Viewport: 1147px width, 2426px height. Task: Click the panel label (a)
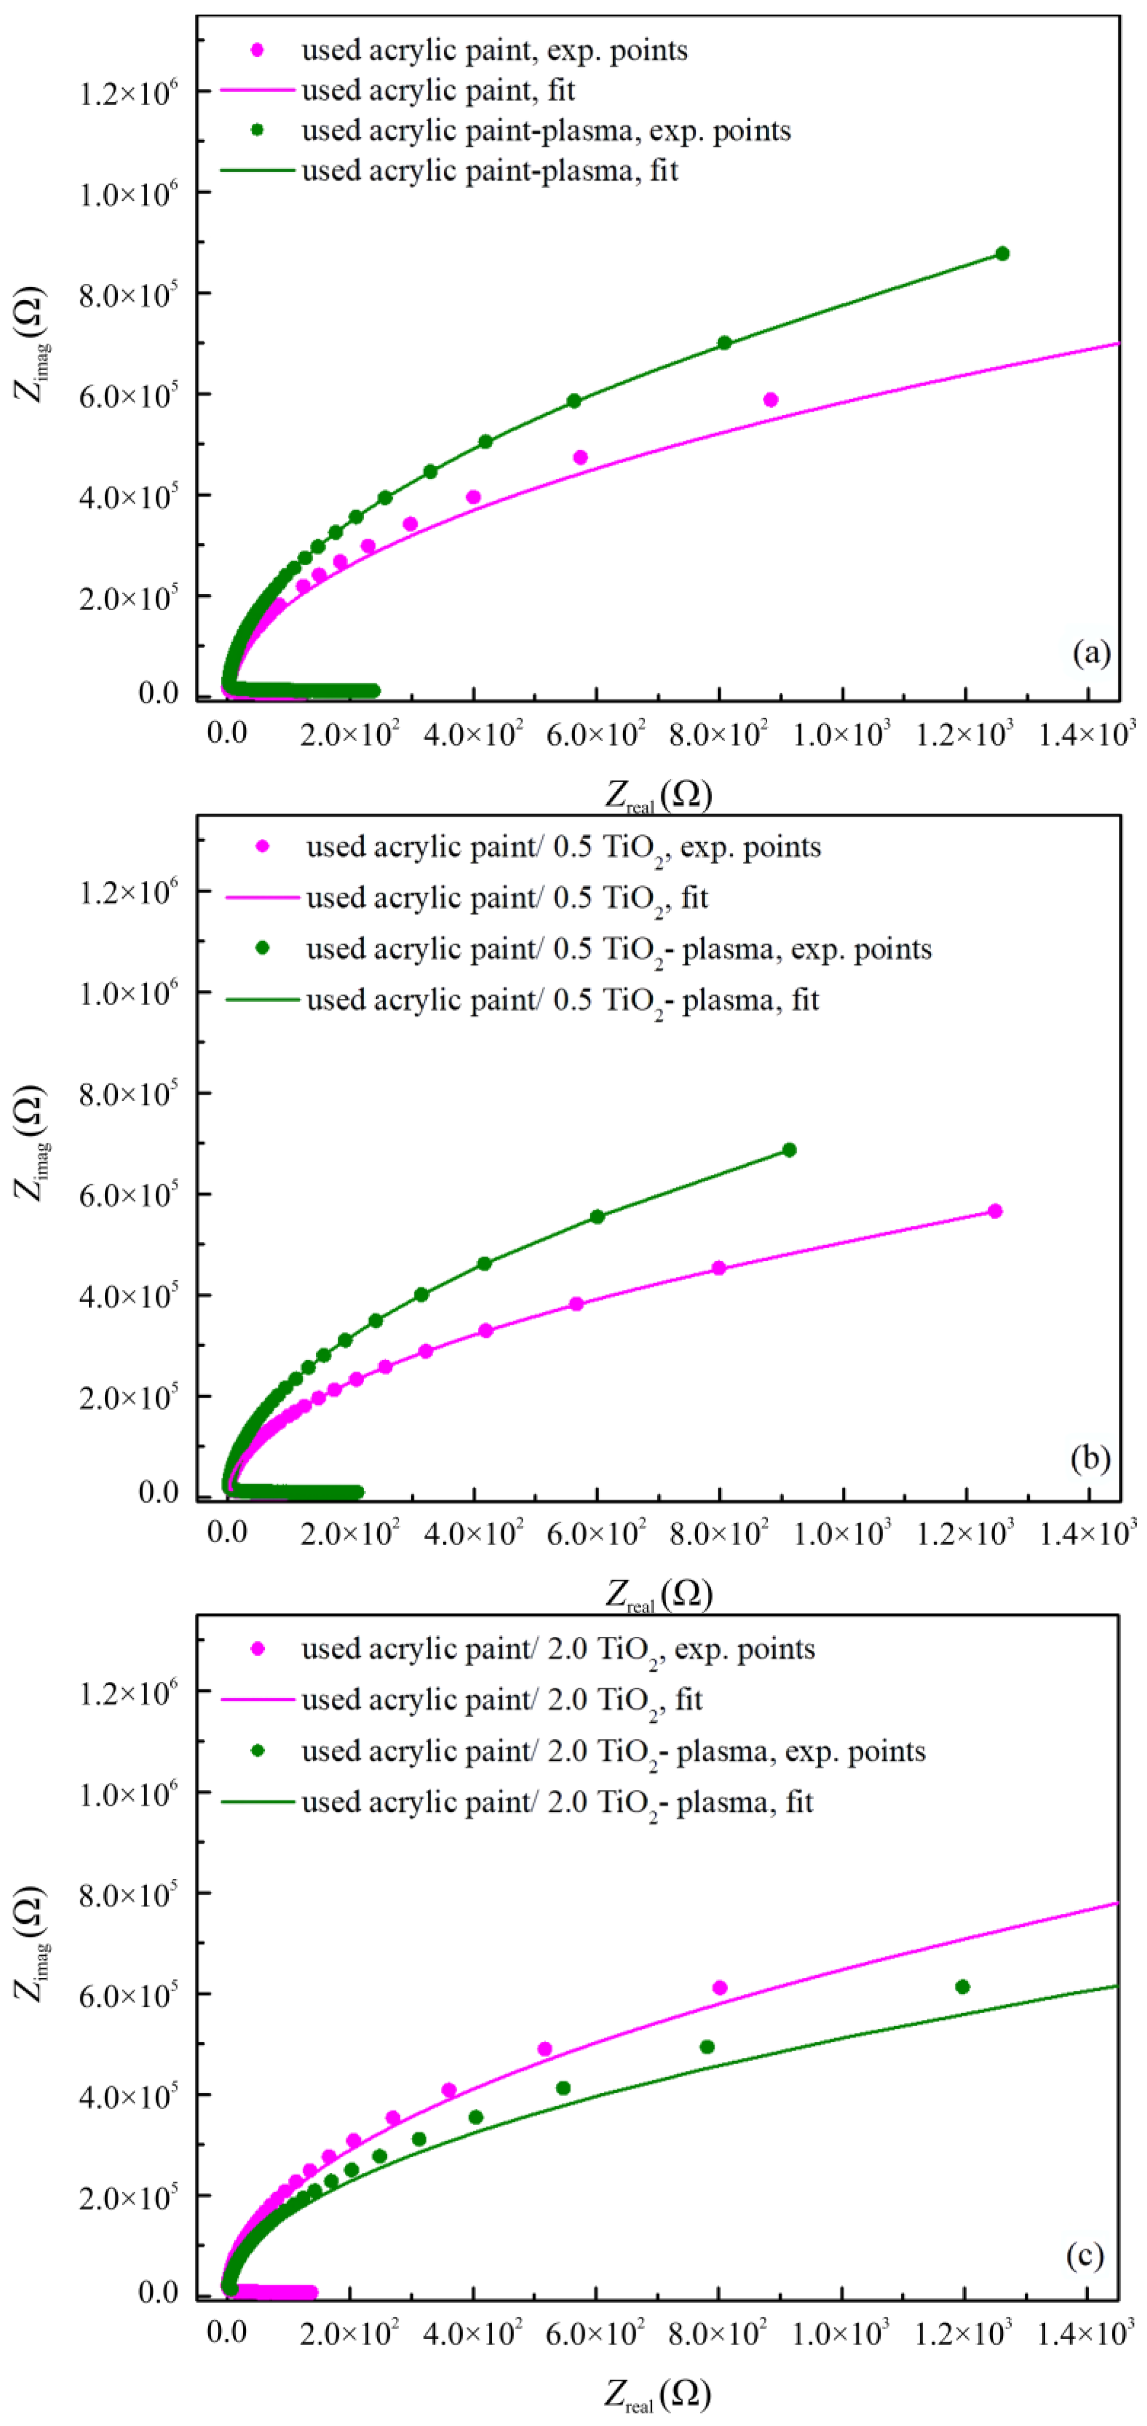[x=1091, y=652]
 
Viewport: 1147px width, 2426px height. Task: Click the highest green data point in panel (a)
[x=1002, y=253]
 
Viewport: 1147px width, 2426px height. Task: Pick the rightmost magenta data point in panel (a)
[x=770, y=399]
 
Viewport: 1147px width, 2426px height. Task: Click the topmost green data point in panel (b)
[x=789, y=1150]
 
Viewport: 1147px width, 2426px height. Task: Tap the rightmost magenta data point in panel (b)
[x=994, y=1211]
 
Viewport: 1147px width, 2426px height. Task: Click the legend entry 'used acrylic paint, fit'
[x=438, y=90]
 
